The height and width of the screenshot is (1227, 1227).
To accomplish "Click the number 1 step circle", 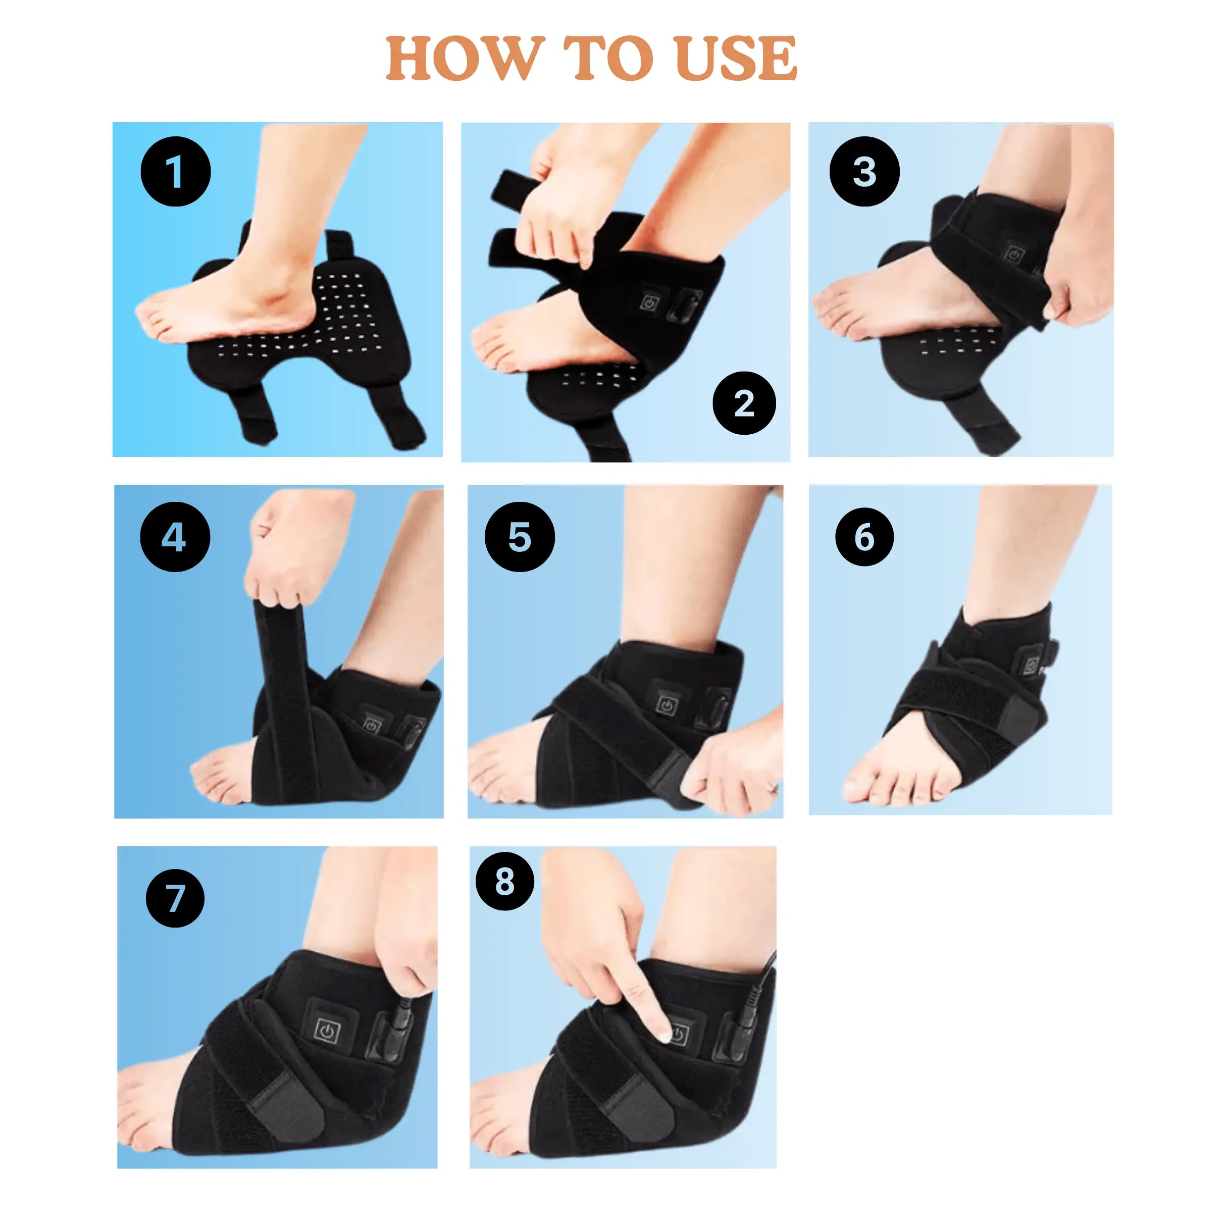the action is (x=175, y=172).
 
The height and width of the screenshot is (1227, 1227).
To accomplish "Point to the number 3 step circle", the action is (x=864, y=172).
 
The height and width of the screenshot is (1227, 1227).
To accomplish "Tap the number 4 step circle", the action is (x=175, y=537).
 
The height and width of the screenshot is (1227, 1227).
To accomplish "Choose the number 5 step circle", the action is (x=520, y=537).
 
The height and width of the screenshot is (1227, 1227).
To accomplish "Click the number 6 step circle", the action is (x=864, y=537).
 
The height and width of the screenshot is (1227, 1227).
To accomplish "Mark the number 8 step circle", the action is (x=505, y=882).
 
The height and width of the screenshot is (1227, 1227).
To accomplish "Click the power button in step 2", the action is (x=649, y=303).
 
